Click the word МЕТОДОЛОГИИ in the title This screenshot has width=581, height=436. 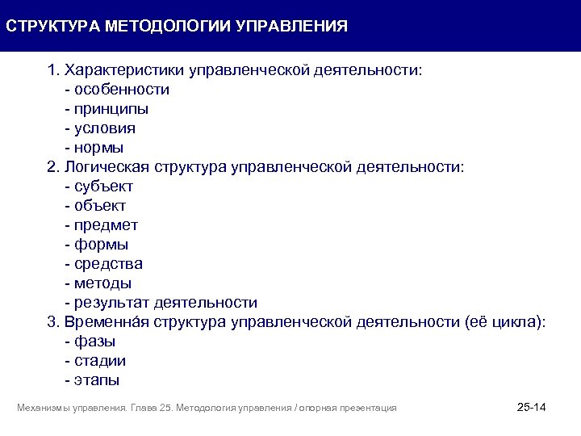168,26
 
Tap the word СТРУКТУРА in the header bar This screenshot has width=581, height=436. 52,26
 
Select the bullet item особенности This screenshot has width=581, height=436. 121,90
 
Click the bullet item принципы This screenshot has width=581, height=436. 111,109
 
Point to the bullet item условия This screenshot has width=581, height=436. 105,128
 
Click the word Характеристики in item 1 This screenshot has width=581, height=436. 124,70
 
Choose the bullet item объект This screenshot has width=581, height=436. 100,206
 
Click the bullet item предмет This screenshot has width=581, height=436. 106,225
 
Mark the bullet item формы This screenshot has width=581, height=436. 101,245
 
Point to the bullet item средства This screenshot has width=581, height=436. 108,264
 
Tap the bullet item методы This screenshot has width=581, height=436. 102,283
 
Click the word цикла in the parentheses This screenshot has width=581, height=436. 517,322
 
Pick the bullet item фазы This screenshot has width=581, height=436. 94,342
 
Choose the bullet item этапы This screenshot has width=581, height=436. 96,380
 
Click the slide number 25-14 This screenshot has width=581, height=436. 531,407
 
